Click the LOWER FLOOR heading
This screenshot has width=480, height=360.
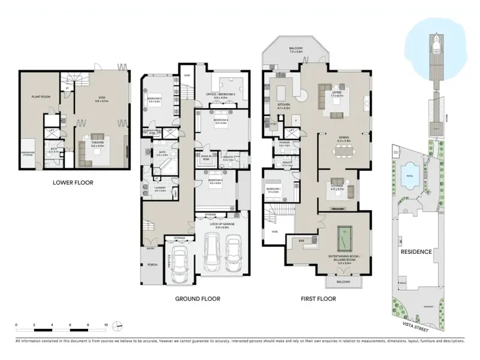click(x=73, y=182)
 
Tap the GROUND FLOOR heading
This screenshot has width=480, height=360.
click(x=197, y=298)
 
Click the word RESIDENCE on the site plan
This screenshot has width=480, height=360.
click(x=416, y=251)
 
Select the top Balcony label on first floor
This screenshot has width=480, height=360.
click(x=296, y=47)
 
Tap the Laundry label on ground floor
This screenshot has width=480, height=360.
click(x=160, y=188)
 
